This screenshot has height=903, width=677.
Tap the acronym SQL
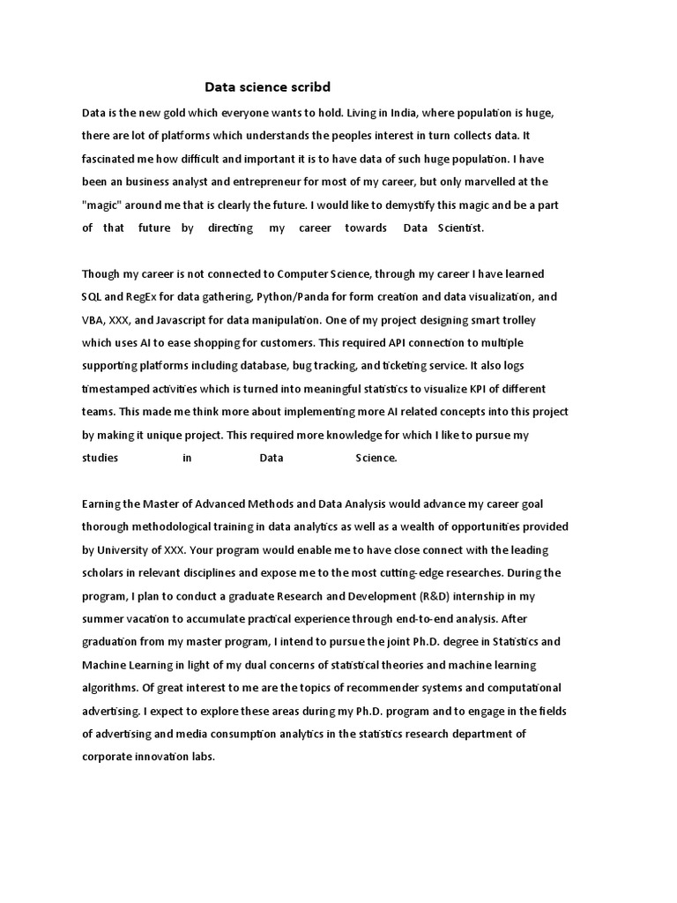pyautogui.click(x=92, y=297)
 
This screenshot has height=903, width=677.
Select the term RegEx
pyautogui.click(x=141, y=297)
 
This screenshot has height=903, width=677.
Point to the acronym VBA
pyautogui.click(x=93, y=319)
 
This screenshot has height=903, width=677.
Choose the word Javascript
pyautogui.click(x=190, y=319)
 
